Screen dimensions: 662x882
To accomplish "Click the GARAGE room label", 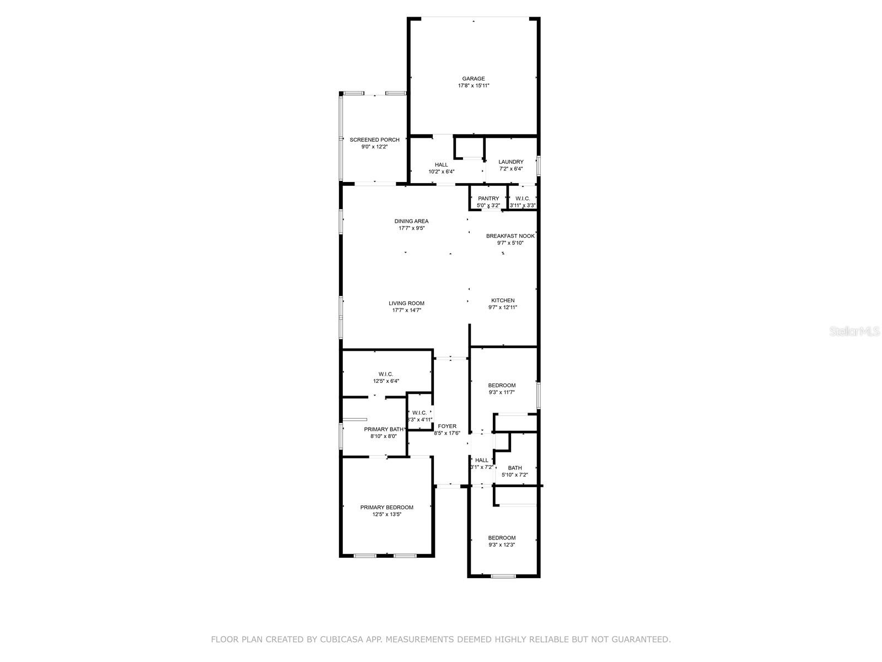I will point(474,79).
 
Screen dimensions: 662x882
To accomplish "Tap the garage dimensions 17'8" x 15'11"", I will point(474,86).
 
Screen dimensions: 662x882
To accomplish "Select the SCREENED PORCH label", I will point(374,140).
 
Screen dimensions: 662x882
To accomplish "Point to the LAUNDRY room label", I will point(511,162).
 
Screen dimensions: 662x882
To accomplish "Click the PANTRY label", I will point(488,199).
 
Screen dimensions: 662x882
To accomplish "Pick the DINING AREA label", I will point(411,221).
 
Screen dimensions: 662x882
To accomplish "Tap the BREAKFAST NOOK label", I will point(510,236).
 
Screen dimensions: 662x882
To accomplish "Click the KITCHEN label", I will point(503,301).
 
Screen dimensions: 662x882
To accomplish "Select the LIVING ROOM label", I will point(406,303).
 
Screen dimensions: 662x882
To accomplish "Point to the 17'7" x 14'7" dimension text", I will point(406,311).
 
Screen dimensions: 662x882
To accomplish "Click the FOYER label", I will point(447,426).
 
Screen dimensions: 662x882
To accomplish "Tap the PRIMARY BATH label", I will point(384,429).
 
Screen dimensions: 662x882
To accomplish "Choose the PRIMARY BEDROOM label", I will point(386,508).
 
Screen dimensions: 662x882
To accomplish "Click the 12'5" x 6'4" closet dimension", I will point(386,381).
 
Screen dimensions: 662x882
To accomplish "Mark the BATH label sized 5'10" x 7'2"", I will point(515,468).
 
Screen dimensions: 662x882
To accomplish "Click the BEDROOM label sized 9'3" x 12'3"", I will point(502,538).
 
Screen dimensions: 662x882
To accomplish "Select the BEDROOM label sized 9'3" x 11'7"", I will point(502,386).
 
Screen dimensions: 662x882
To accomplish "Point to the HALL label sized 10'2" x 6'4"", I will point(441,164).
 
